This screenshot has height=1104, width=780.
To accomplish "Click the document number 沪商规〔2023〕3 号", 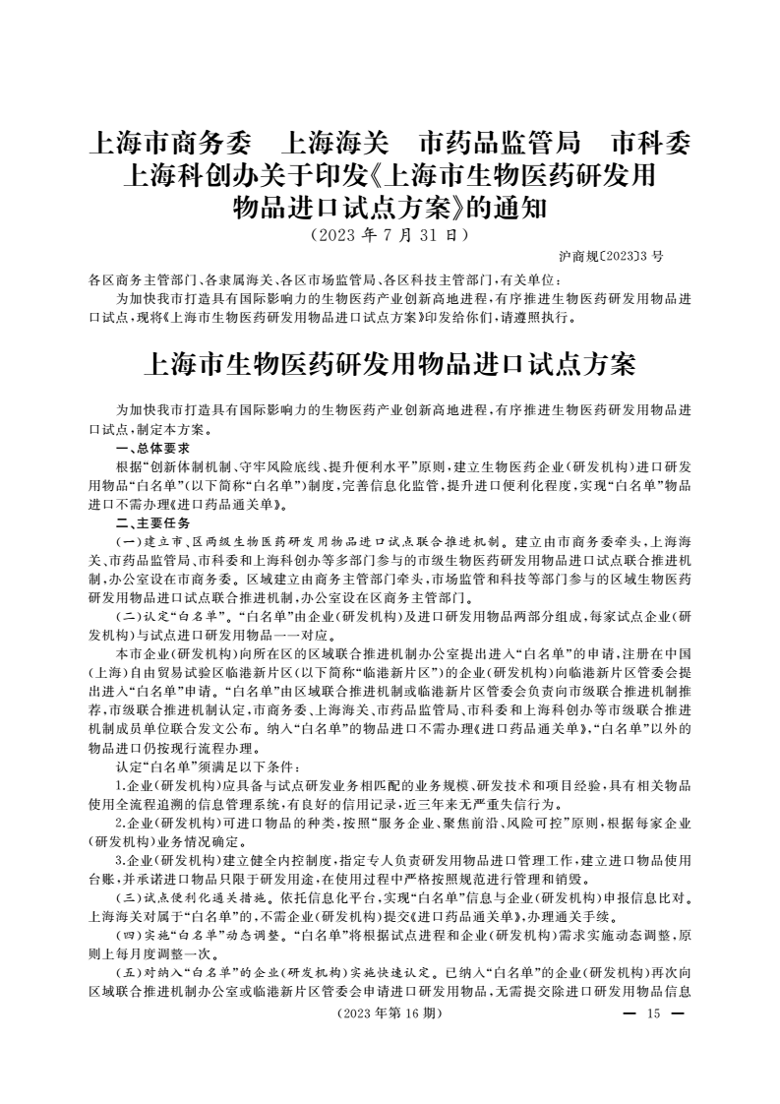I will point(611,256).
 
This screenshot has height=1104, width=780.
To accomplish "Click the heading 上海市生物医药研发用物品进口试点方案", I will point(390,364).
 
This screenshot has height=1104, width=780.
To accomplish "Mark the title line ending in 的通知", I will point(390,209).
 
